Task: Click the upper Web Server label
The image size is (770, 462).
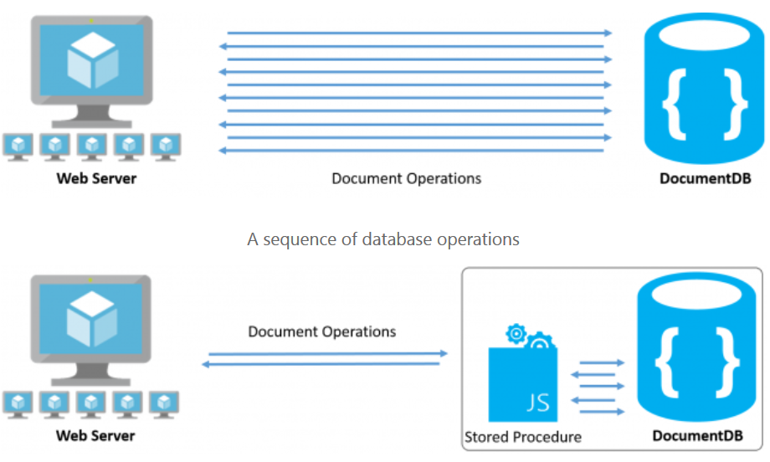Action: (96, 178)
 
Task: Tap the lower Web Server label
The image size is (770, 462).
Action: (96, 435)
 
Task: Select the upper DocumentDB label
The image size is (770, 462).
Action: (704, 178)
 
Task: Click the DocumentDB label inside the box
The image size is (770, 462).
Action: (697, 435)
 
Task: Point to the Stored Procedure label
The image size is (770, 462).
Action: (522, 436)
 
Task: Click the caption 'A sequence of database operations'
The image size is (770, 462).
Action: (383, 239)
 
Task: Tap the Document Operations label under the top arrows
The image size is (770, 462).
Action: (407, 178)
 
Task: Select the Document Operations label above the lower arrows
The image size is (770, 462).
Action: (322, 331)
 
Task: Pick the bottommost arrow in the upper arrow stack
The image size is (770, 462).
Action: (411, 151)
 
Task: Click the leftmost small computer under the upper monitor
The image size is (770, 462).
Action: (17, 145)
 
